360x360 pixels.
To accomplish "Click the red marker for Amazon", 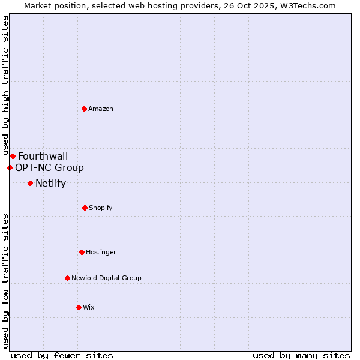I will click(85, 109).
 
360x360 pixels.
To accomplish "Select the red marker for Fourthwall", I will click(13, 157).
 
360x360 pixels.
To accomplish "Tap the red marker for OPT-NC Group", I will click(10, 167).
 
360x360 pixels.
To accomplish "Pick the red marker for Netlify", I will click(30, 183).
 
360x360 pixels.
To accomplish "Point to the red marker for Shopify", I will click(85, 208).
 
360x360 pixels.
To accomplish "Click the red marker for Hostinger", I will click(82, 252).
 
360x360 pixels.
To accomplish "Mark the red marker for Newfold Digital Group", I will click(67, 278).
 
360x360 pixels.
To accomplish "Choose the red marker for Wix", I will click(79, 307).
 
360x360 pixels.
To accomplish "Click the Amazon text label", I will click(101, 109).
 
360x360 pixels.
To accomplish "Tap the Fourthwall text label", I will click(43, 157).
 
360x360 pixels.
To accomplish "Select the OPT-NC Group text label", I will click(49, 168).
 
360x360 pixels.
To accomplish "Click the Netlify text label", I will click(50, 184).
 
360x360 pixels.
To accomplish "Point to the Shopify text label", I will click(101, 208).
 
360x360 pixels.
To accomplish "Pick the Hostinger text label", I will click(101, 252).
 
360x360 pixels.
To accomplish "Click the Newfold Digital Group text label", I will click(106, 278).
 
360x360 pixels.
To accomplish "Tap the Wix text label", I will click(89, 307).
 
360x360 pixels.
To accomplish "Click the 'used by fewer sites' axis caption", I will click(62, 355).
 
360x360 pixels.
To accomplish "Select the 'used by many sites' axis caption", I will click(301, 355).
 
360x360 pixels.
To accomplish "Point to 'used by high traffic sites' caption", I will click(5, 85).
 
